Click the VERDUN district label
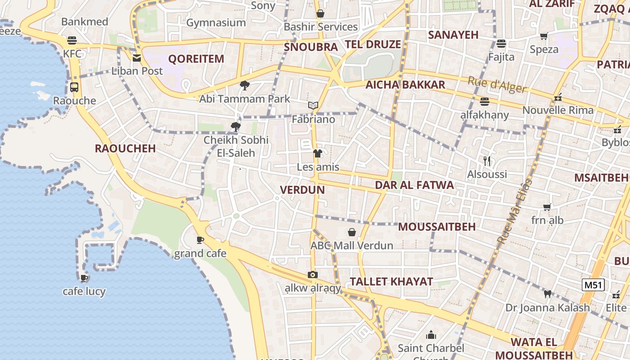point(302,189)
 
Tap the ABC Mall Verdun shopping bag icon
point(352,232)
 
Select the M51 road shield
point(593,284)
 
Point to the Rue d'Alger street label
point(497,85)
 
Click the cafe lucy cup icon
point(84,278)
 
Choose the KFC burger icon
point(72,40)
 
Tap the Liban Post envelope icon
point(137,58)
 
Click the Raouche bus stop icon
point(74,87)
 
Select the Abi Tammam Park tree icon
point(244,85)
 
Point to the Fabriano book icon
point(313,106)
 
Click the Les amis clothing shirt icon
point(318,153)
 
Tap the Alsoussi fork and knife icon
point(486,161)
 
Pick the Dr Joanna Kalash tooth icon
point(547,294)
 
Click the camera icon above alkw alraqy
point(313,274)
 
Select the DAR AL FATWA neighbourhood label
point(414,185)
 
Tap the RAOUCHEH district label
point(125,148)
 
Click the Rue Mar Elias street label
point(514,211)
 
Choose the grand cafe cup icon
point(200,240)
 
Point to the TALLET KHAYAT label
point(391,282)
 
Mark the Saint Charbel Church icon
point(431,335)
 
